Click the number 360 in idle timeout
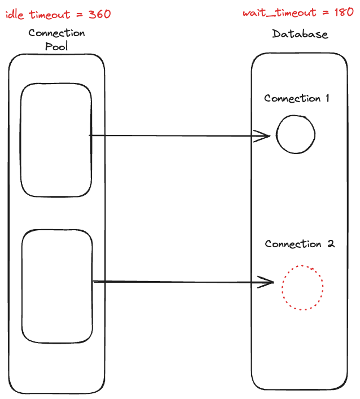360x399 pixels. tap(99, 15)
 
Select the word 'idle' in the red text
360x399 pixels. tap(15, 15)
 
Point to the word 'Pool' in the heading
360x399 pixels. tap(56, 46)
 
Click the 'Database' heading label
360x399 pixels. tap(300, 34)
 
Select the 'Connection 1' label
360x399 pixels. tap(297, 99)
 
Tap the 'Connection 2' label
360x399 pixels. tap(300, 244)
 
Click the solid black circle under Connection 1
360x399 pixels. tap(295, 135)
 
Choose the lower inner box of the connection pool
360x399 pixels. tap(57, 286)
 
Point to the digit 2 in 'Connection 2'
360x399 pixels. tap(331, 244)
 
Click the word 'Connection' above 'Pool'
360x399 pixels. tap(56, 33)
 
